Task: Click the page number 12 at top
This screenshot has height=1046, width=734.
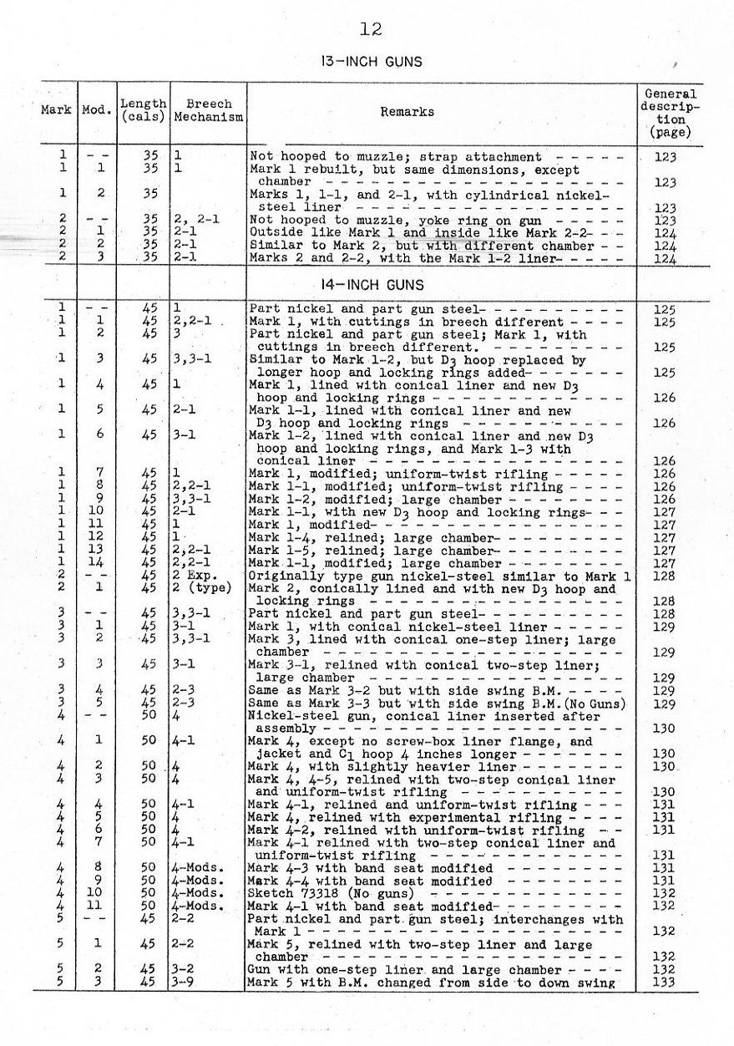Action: click(371, 30)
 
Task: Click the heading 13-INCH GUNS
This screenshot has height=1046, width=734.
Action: click(372, 62)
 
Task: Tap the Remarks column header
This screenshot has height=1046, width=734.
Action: click(407, 111)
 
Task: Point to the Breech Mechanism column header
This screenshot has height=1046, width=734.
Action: click(209, 110)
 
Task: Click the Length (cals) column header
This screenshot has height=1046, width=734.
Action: click(144, 110)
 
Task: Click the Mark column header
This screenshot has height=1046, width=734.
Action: click(56, 110)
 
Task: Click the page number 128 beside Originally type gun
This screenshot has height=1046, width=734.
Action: click(665, 576)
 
